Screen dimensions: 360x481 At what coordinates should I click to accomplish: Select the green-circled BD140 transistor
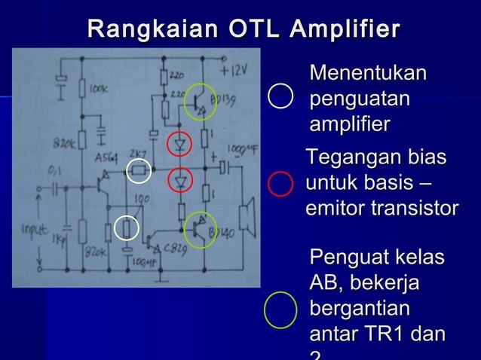[200, 229]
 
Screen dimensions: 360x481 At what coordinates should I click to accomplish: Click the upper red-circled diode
[180, 143]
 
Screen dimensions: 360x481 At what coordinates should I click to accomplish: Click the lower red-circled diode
[180, 181]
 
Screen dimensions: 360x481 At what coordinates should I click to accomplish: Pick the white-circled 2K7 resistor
[139, 172]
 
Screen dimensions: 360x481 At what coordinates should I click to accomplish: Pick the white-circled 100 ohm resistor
[127, 227]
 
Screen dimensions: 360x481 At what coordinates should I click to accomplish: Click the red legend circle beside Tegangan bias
[280, 183]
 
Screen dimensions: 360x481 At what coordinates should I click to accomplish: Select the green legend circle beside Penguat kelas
[280, 310]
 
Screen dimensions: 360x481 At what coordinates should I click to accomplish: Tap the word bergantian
[360, 309]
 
